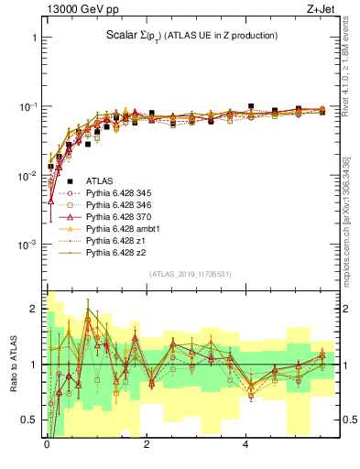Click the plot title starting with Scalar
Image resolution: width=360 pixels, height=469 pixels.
pos(191,36)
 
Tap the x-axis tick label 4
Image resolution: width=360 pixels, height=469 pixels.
pos(245,444)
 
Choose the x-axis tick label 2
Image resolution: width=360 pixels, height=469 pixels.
pos(147,444)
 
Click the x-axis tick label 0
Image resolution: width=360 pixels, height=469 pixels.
pos(47,444)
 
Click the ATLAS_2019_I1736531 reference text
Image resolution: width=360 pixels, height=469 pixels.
pos(191,274)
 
